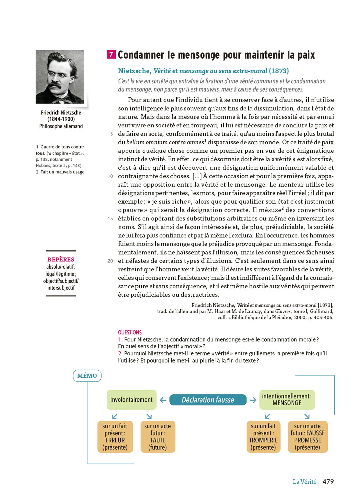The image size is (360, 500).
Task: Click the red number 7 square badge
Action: coord(111,54)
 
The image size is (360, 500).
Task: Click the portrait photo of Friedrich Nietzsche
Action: coord(60,77)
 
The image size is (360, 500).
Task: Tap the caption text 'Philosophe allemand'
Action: coord(61,126)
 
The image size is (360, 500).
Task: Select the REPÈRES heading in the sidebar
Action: coord(61,259)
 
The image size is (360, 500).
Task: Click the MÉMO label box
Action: coord(87,376)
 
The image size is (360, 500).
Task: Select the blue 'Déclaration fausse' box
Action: coord(208,400)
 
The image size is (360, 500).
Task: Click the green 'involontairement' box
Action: coord(131,400)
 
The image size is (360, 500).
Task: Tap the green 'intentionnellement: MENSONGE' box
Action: coord(287,400)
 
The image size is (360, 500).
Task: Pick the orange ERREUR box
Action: coord(115,437)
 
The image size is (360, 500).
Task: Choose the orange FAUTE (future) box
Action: coord(158,437)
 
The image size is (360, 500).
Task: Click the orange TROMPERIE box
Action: coord(263,437)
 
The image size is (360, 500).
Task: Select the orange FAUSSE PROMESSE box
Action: coord(307,437)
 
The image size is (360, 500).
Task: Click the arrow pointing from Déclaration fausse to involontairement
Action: coord(163,400)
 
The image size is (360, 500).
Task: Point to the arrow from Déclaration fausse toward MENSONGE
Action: coord(253,400)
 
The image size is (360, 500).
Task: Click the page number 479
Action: coord(328,481)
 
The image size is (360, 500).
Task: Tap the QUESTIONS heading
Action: coord(130,332)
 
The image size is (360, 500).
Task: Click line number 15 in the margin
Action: coord(110,219)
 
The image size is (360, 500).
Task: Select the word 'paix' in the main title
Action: coord(306,55)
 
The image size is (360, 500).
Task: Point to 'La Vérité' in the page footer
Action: coord(304,482)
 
